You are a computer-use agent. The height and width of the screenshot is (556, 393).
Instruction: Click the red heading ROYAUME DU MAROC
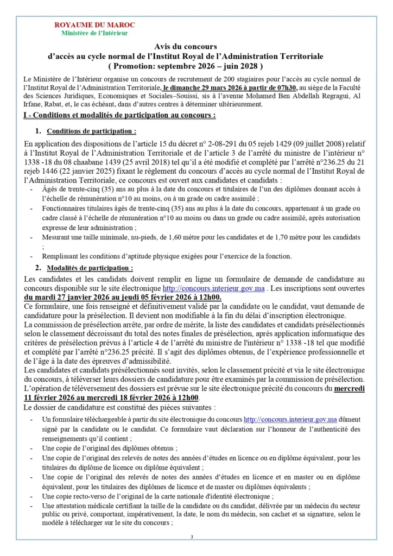95,25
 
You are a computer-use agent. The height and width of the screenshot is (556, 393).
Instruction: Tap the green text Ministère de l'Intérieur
95,33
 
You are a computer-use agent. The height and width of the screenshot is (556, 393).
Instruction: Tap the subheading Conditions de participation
91,131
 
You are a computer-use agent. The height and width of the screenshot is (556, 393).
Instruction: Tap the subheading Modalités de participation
90,268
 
